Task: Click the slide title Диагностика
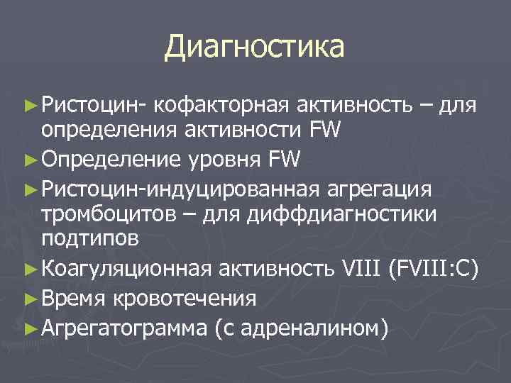254,47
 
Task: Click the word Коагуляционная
126,268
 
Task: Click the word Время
74,298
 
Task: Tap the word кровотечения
184,298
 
